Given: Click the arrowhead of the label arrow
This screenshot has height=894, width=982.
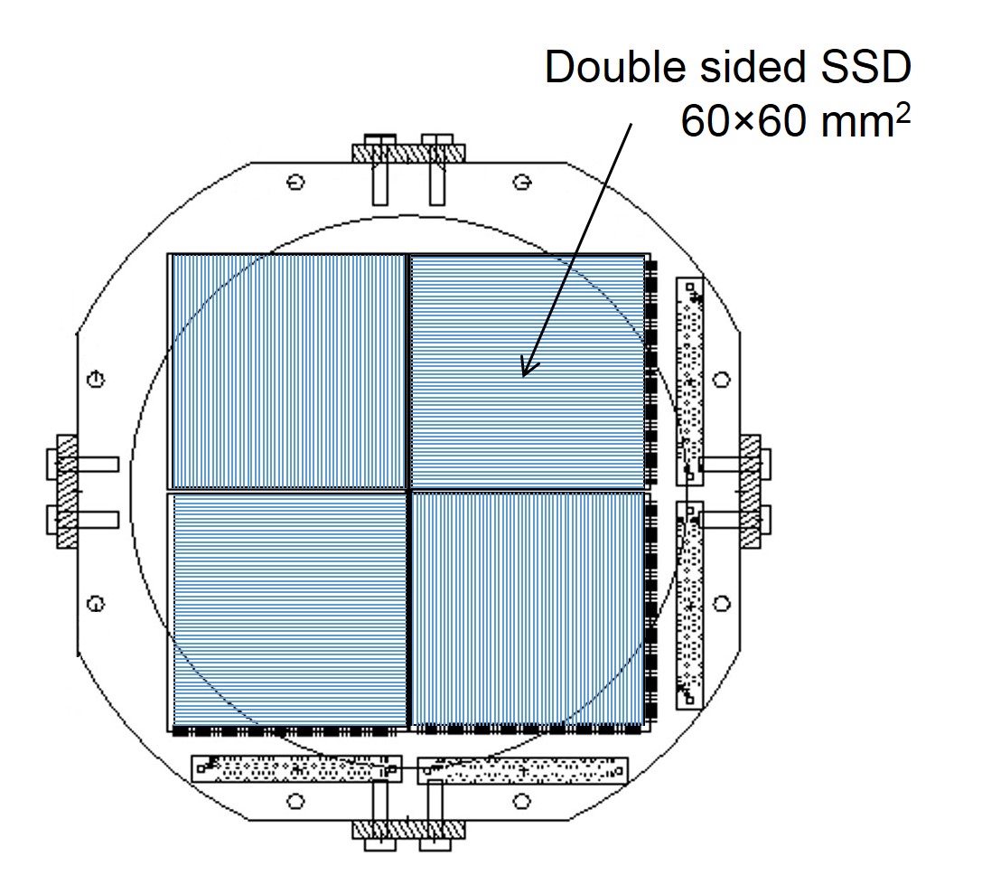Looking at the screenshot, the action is pyautogui.click(x=529, y=366).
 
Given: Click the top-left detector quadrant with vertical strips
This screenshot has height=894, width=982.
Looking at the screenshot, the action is pyautogui.click(x=289, y=371).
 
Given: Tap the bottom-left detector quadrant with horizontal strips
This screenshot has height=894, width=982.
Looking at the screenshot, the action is pyautogui.click(x=289, y=610).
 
